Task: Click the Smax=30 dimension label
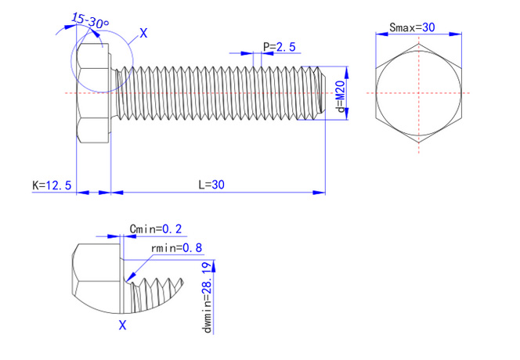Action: tap(412, 27)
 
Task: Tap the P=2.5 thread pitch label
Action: tap(280, 47)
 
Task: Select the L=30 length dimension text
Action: tap(211, 185)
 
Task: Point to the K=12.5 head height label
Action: tap(52, 185)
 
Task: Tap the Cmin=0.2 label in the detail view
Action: tap(155, 229)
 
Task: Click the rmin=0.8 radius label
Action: tap(176, 248)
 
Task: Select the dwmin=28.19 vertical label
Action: tap(208, 297)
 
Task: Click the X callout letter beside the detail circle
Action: tap(143, 33)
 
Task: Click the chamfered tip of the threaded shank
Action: tap(321, 92)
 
